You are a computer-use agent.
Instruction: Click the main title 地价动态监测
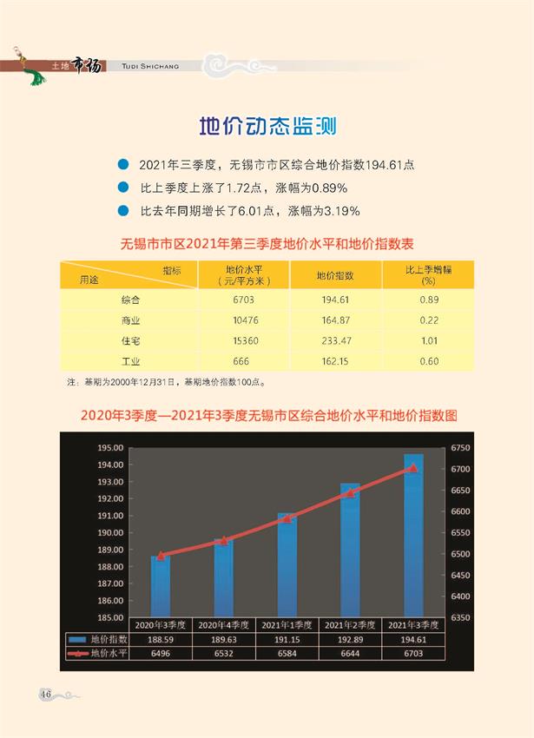click(x=267, y=127)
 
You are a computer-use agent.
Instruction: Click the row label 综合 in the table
click(x=131, y=300)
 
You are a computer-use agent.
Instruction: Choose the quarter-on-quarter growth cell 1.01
click(x=428, y=341)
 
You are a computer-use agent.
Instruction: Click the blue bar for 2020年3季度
click(x=161, y=586)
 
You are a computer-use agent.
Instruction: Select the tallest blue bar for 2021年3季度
click(x=413, y=534)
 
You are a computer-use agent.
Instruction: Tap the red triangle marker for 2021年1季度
click(x=287, y=518)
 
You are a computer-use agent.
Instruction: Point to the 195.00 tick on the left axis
click(x=110, y=448)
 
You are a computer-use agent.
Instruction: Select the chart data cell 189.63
click(x=224, y=639)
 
